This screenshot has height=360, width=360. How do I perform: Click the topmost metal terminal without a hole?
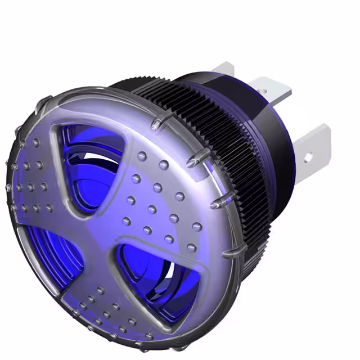coord(224,69)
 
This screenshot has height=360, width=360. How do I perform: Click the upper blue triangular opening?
coord(90,163)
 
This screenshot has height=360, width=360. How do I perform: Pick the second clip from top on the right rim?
coord(194,160)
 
